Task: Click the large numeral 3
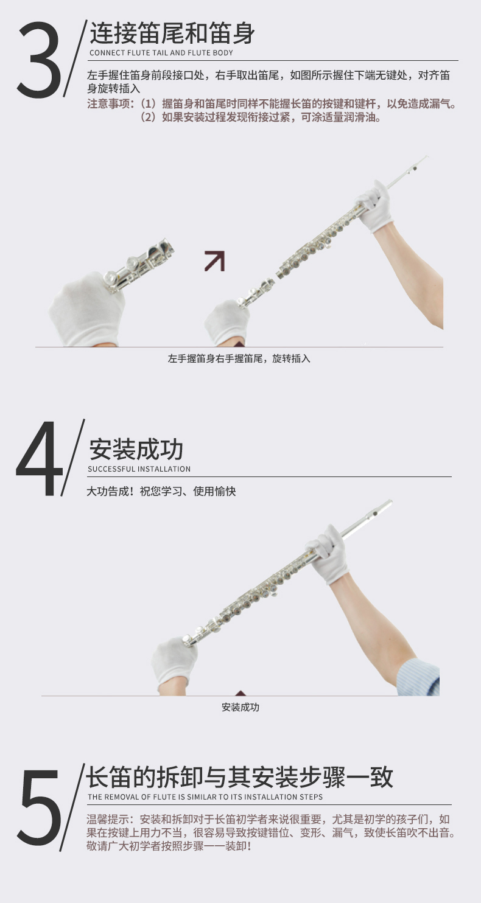[38, 59]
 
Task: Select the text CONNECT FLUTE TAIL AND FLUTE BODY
[161, 53]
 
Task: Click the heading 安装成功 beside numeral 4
[136, 450]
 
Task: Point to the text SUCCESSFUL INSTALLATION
[139, 469]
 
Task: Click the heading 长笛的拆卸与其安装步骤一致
[240, 777]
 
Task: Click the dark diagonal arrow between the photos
[215, 261]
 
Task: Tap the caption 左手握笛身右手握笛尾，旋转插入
[239, 358]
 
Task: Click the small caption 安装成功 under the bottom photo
[240, 707]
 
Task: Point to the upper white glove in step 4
[328, 554]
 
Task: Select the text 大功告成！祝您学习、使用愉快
[161, 492]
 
